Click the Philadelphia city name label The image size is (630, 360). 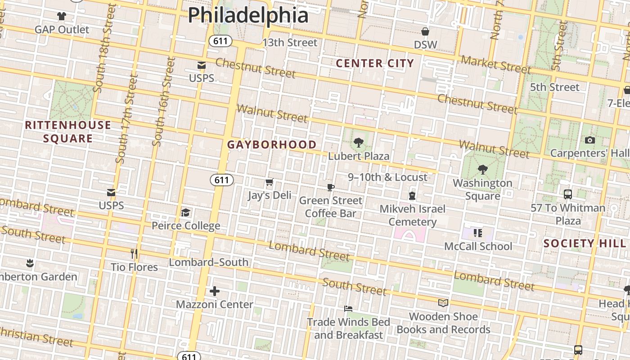(x=248, y=15)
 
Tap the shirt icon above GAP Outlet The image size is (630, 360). (x=62, y=16)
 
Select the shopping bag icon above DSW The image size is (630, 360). (x=425, y=31)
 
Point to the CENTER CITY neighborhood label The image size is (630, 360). (x=375, y=63)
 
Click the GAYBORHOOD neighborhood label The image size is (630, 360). (x=272, y=144)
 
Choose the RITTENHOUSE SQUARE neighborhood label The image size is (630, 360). (x=68, y=131)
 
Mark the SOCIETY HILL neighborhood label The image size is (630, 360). (x=584, y=243)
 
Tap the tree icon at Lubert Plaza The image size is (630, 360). (x=359, y=143)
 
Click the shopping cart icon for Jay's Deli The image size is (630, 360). (x=269, y=182)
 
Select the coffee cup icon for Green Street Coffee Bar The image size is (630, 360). (x=331, y=187)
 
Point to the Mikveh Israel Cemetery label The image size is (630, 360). (x=412, y=215)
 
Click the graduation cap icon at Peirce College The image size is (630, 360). (x=185, y=212)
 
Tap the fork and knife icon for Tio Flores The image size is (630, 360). (x=134, y=254)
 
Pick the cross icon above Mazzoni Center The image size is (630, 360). (x=215, y=291)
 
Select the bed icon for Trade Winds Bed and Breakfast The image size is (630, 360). (x=348, y=309)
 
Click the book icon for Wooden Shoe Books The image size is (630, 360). (x=443, y=303)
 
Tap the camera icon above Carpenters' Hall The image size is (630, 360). (x=589, y=140)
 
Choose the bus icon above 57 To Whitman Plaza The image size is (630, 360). (x=568, y=194)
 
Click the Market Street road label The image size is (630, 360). (x=496, y=64)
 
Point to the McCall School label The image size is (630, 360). (x=478, y=246)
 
